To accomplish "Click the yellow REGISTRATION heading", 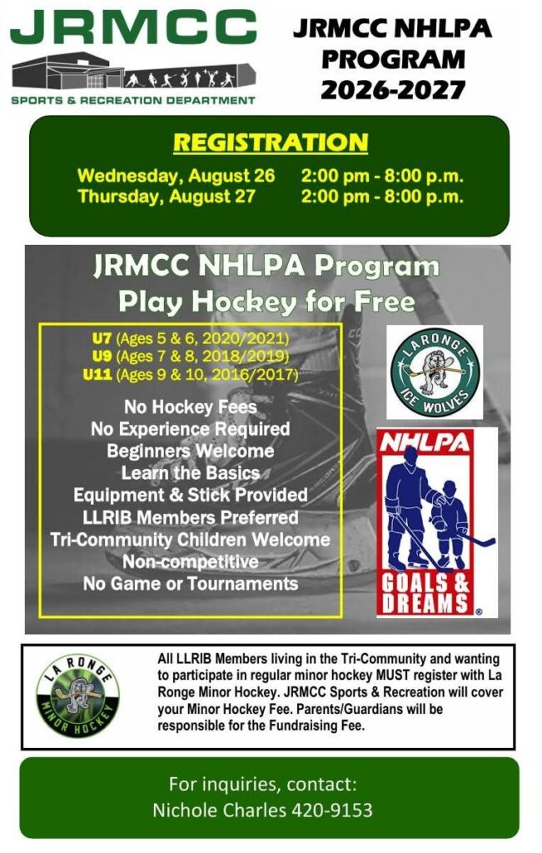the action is (271, 142).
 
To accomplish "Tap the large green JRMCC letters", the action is (133, 27).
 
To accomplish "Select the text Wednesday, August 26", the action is (177, 176).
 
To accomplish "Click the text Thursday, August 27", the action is (167, 197).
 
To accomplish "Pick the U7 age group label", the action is (102, 338).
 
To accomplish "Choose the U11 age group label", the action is (97, 374).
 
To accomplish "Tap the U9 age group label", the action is (102, 357).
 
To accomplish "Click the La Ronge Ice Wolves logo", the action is (435, 372).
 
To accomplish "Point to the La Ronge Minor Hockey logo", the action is (77, 695).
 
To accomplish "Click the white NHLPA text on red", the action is (425, 441).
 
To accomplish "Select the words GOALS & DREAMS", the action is (425, 593).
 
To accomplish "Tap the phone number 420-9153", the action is (332, 810).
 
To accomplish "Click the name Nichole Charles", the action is (219, 810).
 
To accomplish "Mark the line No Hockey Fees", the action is (191, 407).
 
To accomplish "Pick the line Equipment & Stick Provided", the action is (191, 495).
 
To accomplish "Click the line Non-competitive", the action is (191, 561).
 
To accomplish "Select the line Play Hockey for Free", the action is (266, 301).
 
